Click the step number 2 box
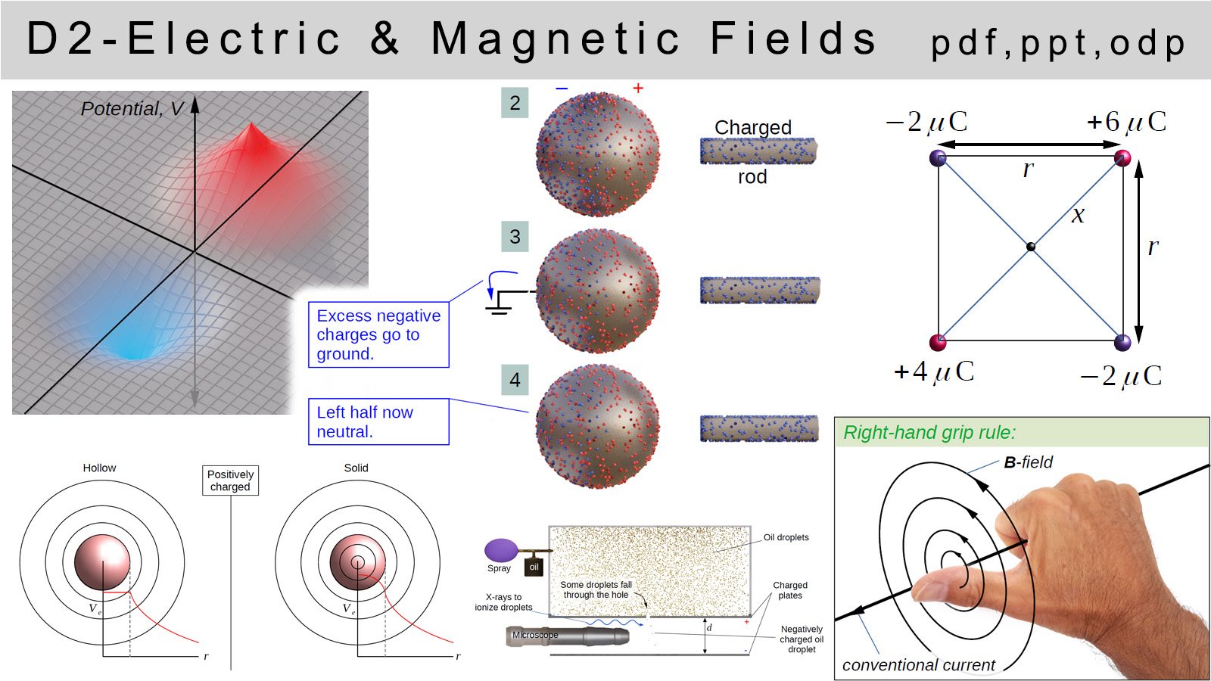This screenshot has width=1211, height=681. coord(515,103)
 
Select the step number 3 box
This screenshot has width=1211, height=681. coord(515,236)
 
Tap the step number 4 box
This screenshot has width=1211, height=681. coord(515,379)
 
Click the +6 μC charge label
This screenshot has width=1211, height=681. coord(1127,122)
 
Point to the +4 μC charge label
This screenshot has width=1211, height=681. coord(934,372)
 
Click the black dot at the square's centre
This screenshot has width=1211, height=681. coord(1031,247)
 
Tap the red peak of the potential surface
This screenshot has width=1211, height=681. coord(251,135)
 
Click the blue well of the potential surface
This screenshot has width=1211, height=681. coord(129,346)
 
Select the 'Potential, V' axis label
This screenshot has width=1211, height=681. coord(132,109)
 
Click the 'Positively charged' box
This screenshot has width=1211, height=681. coord(230,480)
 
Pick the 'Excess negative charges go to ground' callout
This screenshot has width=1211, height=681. coord(378,334)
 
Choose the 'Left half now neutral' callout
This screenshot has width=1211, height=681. coord(378,421)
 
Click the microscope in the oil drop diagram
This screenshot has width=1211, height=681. coord(568,636)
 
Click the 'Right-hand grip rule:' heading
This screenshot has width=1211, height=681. coord(929,432)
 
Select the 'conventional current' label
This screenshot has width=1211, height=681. coord(919,665)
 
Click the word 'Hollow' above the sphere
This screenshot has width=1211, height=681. coord(99,468)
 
